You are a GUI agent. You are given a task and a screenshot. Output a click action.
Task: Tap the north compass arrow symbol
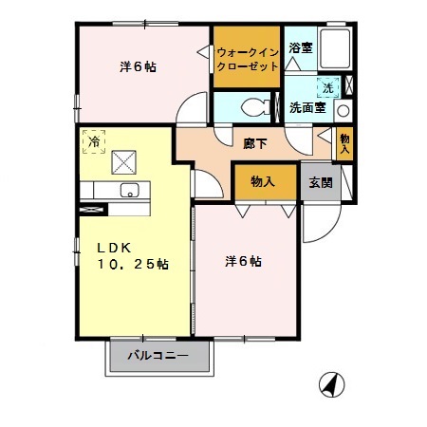coord(331,385)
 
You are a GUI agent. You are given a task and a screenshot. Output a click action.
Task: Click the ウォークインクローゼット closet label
coord(248,59)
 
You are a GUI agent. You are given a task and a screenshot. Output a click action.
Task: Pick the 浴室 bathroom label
coord(301,46)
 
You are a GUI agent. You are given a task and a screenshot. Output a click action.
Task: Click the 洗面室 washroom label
coord(306,108)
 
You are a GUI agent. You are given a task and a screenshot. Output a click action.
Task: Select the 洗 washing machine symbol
coord(327,87)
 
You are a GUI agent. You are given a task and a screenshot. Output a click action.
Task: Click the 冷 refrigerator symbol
coord(94,140)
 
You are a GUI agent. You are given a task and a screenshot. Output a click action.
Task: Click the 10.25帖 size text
coord(132,266)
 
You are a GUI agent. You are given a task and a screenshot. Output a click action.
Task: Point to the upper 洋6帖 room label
coord(138,67)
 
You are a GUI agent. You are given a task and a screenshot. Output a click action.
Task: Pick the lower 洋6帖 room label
coord(244,261)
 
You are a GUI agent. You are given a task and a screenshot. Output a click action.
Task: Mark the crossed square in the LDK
coord(124,162)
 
